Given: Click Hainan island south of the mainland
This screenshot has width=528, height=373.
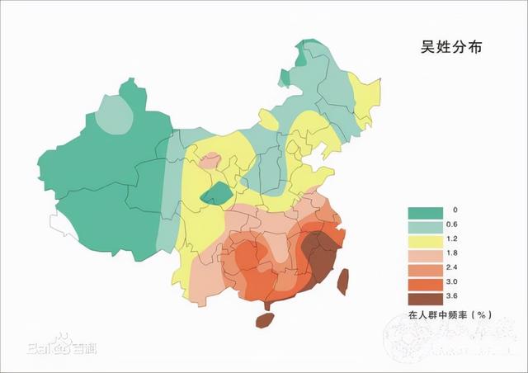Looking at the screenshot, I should (x=264, y=319).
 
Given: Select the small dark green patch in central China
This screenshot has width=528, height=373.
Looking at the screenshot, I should (x=218, y=195).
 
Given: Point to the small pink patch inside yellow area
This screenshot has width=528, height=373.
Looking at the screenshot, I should (x=210, y=160).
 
